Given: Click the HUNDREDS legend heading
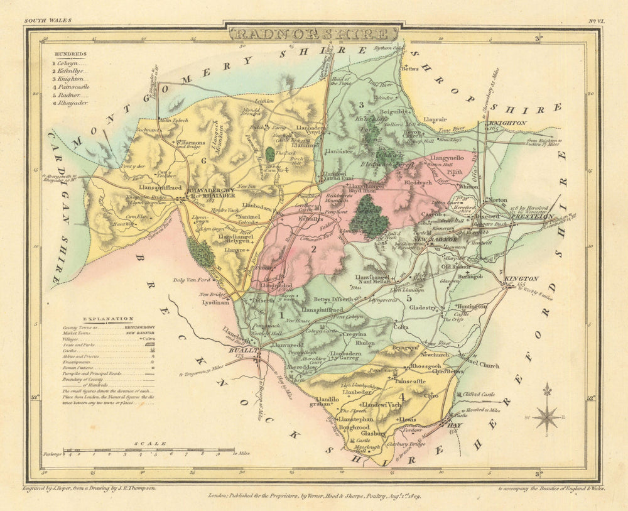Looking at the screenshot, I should click(x=70, y=55).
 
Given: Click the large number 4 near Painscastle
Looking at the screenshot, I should click(x=401, y=397).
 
